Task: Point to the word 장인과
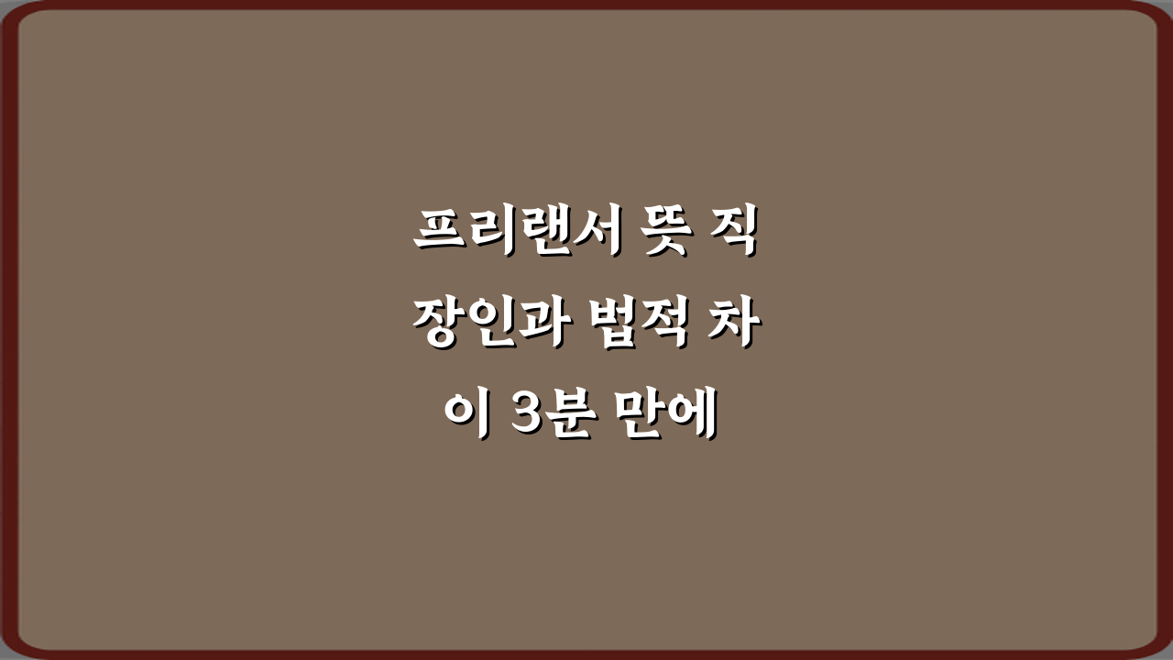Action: click(482, 325)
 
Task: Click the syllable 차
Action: click(736, 325)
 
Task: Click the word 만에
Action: click(673, 419)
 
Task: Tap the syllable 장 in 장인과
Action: click(436, 325)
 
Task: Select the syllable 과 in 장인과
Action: click(529, 325)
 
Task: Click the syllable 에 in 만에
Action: click(696, 419)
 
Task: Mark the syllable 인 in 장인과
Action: click(482, 325)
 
